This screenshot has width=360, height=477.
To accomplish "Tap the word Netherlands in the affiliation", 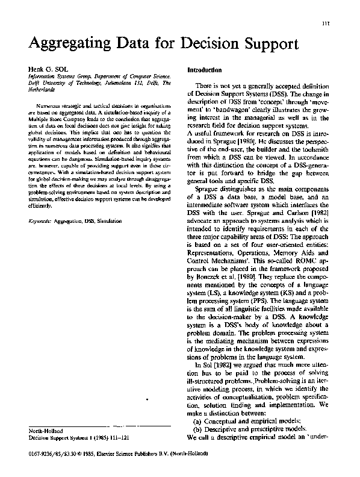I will pyautogui.click(x=45, y=89).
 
